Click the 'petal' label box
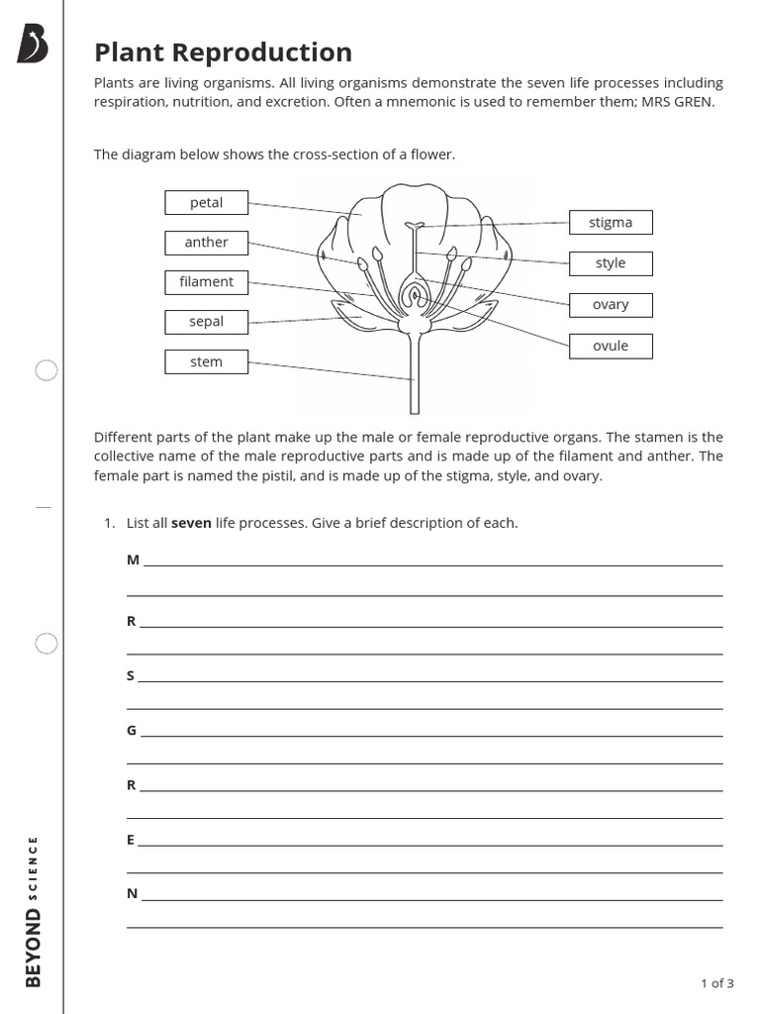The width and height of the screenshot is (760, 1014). click(x=206, y=203)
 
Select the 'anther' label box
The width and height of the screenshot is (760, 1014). click(x=206, y=243)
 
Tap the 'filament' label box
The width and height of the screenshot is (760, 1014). click(x=206, y=282)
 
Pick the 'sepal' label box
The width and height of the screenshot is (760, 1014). click(x=206, y=322)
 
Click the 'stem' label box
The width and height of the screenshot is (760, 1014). click(x=206, y=362)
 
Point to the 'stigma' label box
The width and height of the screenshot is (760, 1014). click(x=611, y=223)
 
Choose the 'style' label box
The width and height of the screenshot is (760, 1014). click(x=611, y=263)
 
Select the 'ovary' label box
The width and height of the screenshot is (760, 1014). click(x=611, y=305)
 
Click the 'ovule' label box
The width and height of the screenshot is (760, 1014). click(x=611, y=347)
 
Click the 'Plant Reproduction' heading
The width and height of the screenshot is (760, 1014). click(x=223, y=52)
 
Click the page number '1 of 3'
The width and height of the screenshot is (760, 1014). click(x=716, y=983)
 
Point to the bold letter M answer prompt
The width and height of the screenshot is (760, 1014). click(x=133, y=560)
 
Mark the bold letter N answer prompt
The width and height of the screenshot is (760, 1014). click(x=132, y=893)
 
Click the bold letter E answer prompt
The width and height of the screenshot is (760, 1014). click(x=131, y=840)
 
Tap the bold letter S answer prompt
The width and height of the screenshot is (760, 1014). click(x=131, y=675)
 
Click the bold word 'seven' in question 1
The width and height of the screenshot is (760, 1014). click(x=191, y=523)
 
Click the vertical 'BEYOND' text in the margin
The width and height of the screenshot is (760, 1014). click(x=34, y=949)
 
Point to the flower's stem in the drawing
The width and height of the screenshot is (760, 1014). click(x=415, y=376)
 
